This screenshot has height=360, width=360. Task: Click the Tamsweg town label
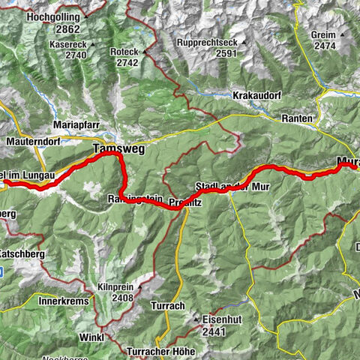[x=115, y=150]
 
